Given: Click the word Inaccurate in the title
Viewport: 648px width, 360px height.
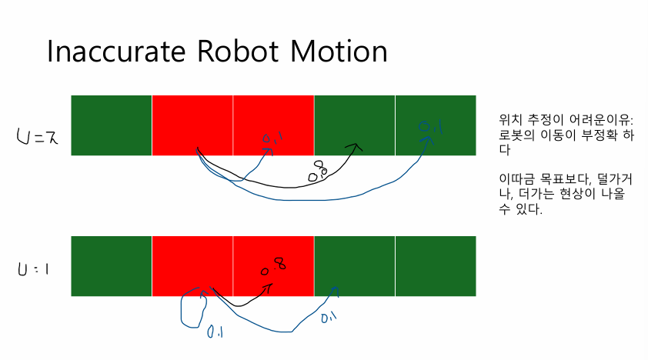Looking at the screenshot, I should click(120, 52).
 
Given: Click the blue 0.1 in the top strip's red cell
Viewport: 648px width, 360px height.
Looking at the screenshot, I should click(272, 138).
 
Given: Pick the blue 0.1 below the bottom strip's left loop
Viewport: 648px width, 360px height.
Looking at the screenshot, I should click(215, 332).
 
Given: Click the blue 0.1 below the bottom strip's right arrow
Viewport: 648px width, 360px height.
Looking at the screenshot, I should click(329, 316).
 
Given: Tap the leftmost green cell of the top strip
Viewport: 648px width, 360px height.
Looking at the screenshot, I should click(111, 125).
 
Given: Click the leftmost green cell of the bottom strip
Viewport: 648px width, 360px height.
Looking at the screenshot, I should click(111, 265).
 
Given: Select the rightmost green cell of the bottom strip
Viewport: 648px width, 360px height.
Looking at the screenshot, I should click(436, 265).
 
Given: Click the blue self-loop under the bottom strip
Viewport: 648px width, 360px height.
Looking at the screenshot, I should click(191, 308).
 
